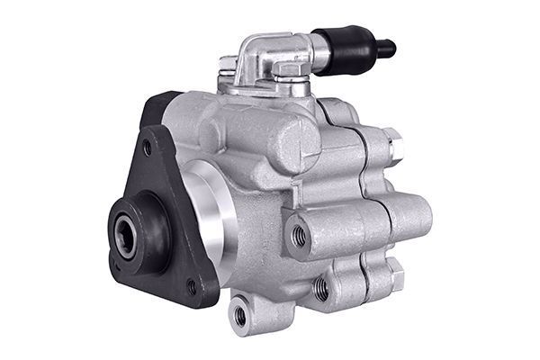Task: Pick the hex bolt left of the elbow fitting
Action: click(x=229, y=65)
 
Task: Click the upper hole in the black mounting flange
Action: click(x=148, y=147)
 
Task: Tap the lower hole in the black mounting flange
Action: click(x=192, y=287)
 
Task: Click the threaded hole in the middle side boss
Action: click(x=299, y=236)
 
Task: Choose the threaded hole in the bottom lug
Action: click(x=240, y=315)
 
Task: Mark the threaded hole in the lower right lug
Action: click(x=321, y=289)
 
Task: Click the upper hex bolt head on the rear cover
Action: click(x=392, y=142)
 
